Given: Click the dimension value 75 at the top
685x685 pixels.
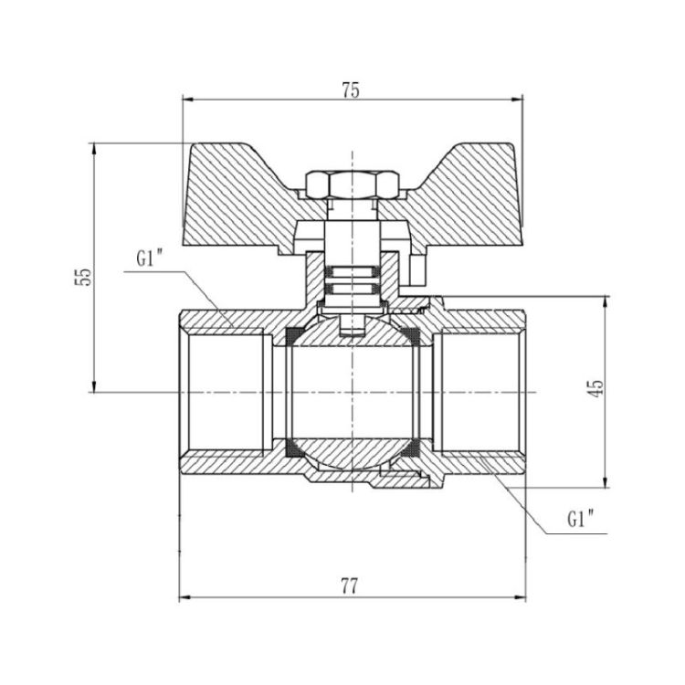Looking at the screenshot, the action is pyautogui.click(x=351, y=90).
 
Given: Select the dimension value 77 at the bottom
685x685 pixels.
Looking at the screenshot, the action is pyautogui.click(x=350, y=586).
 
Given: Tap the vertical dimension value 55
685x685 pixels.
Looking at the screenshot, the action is pyautogui.click(x=83, y=276).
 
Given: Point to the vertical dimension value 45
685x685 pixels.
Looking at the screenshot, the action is pyautogui.click(x=596, y=388).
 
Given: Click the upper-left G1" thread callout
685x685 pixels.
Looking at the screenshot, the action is pyautogui.click(x=150, y=259).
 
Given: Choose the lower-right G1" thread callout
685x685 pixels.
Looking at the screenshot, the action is pyautogui.click(x=581, y=520).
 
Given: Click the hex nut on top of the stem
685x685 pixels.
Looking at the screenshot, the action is pyautogui.click(x=353, y=184).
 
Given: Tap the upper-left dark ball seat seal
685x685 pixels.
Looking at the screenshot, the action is pyautogui.click(x=292, y=336).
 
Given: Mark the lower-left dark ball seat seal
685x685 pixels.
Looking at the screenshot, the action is pyautogui.click(x=293, y=448).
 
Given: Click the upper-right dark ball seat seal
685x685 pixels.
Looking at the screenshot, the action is pyautogui.click(x=411, y=336).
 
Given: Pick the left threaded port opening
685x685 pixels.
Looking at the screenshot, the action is pyautogui.click(x=226, y=393).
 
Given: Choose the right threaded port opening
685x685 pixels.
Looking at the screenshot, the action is pyautogui.click(x=479, y=393).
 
